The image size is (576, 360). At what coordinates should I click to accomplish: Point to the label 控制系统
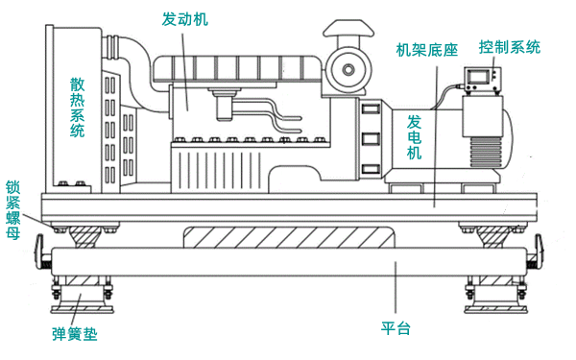(x=509, y=46)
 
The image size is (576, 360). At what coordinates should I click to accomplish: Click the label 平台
(x=396, y=329)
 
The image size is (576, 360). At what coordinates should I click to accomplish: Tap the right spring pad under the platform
(x=495, y=292)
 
